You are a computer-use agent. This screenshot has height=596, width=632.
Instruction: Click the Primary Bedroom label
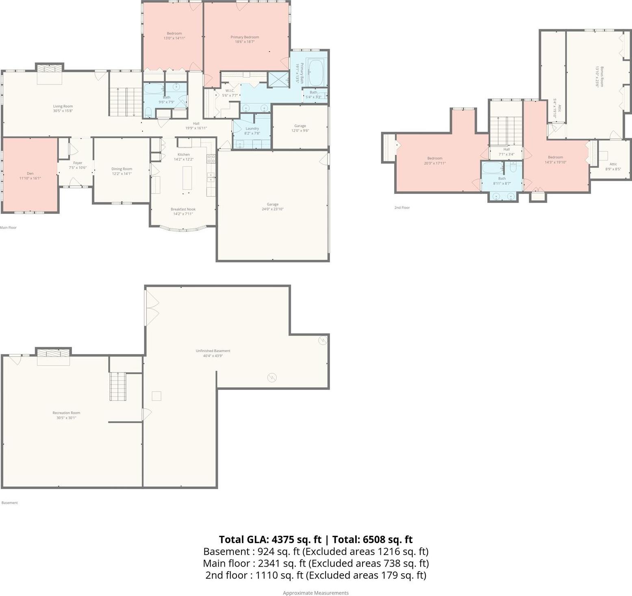pyautogui.click(x=245, y=37)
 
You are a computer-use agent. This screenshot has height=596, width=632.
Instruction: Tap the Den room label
pyautogui.click(x=30, y=174)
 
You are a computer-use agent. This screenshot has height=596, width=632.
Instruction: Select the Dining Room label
pyautogui.click(x=122, y=169)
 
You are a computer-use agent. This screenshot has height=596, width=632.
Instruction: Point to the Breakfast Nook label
pyautogui.click(x=183, y=209)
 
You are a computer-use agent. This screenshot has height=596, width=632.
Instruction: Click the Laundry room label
pyautogui.click(x=252, y=128)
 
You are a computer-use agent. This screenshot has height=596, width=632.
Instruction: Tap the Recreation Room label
pyautogui.click(x=66, y=413)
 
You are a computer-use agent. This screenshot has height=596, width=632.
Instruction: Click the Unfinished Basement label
pyautogui.click(x=213, y=351)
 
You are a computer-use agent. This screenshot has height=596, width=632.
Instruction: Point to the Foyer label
pyautogui.click(x=78, y=163)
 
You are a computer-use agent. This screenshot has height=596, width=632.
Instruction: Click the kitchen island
pyautogui.click(x=187, y=178)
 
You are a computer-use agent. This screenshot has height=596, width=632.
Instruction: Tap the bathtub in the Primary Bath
pyautogui.click(x=316, y=73)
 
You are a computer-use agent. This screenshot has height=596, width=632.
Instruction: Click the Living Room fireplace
pyautogui.click(x=50, y=74)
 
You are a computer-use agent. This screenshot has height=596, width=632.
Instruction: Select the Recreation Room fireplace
pyautogui.click(x=53, y=357)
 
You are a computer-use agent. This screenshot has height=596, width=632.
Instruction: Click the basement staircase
pyautogui.click(x=118, y=386)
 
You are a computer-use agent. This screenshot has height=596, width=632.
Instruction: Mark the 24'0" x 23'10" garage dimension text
pyautogui.click(x=272, y=209)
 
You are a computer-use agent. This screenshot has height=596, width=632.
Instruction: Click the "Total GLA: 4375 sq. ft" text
pyautogui.click(x=270, y=539)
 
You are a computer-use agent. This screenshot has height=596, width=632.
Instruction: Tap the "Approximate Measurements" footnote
pyautogui.click(x=316, y=593)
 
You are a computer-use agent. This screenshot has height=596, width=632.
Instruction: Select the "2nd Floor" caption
pyautogui.click(x=402, y=207)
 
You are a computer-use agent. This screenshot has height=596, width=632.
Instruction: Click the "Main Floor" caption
pyautogui.click(x=8, y=227)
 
